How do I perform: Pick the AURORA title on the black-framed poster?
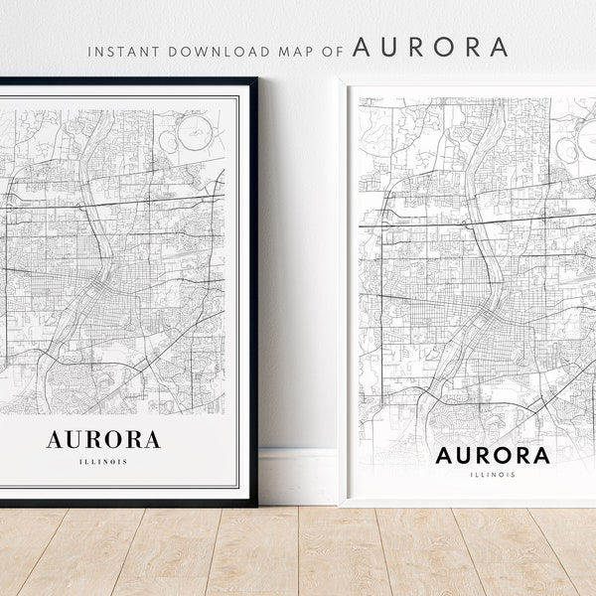point(103,439)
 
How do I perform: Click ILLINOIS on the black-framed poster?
point(103,461)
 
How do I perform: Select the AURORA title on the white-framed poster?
point(493,456)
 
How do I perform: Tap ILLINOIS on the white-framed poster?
point(493,475)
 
